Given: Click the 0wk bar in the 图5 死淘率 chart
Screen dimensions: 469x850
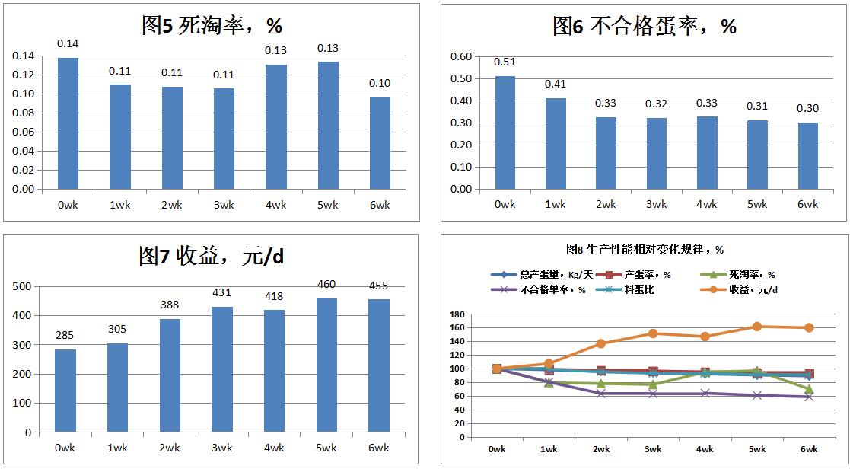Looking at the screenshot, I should (x=68, y=123).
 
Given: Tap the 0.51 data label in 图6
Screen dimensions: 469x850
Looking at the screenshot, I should (x=505, y=62).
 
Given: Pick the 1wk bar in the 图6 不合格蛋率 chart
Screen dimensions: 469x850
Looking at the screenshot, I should (x=556, y=144).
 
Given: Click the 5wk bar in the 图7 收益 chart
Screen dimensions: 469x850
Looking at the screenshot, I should (x=327, y=365).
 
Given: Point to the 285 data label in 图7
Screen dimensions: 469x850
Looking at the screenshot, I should (x=66, y=335).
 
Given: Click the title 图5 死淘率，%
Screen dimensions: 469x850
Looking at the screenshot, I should (x=212, y=26).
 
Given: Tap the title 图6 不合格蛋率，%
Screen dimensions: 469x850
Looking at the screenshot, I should (x=644, y=27).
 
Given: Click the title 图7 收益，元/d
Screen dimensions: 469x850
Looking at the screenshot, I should (x=212, y=256).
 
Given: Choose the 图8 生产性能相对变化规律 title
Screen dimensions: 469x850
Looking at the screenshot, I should (x=645, y=249).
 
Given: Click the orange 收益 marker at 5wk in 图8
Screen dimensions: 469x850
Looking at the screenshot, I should (x=756, y=327).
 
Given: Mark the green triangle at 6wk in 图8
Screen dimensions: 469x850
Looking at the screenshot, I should (x=808, y=389).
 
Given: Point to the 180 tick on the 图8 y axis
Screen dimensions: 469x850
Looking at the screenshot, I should (x=457, y=314).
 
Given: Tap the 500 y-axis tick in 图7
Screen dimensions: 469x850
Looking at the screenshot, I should (x=23, y=286).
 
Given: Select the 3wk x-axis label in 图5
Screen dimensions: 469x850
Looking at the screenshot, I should (x=224, y=205).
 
